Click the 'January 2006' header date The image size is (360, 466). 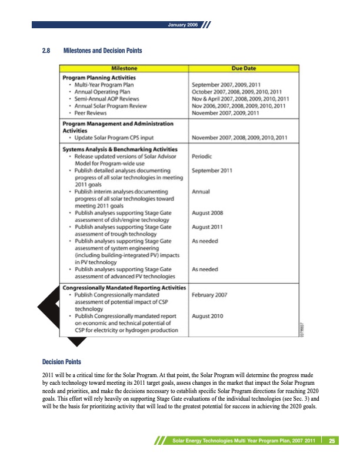(x=182, y=26)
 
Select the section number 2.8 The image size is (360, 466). (x=46, y=51)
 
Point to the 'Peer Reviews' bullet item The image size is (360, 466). (x=92, y=112)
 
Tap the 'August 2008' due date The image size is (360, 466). (x=209, y=212)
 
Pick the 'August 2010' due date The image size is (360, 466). (x=208, y=316)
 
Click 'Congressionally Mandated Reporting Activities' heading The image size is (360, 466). (x=125, y=287)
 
